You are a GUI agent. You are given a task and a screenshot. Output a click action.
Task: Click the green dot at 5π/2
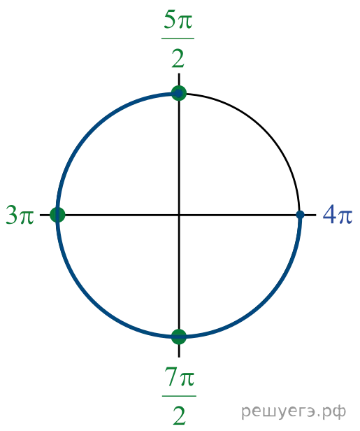(x=179, y=93)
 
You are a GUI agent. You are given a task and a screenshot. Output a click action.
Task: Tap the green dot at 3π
(x=57, y=215)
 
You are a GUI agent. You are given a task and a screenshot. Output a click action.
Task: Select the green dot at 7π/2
(x=179, y=337)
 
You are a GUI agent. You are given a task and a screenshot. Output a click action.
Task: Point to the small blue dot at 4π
(x=300, y=215)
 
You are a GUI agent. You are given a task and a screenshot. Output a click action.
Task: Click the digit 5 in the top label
(x=170, y=20)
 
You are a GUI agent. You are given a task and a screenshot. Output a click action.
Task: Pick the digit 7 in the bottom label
(x=171, y=377)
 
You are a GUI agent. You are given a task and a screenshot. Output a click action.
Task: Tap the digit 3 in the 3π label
(x=12, y=215)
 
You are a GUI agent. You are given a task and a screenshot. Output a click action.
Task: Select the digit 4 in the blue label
(x=330, y=215)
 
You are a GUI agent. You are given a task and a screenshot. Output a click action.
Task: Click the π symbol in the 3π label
(x=27, y=217)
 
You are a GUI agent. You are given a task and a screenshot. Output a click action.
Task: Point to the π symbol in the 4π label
(x=345, y=217)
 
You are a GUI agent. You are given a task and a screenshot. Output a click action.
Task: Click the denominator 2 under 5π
(x=178, y=59)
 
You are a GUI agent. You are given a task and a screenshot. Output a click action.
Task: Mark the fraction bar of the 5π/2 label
(x=178, y=38)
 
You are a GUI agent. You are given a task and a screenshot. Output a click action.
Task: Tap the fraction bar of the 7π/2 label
(x=179, y=396)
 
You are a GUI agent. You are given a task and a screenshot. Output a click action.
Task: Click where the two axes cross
(x=179, y=215)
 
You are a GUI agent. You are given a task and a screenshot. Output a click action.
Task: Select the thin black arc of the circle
(x=265, y=129)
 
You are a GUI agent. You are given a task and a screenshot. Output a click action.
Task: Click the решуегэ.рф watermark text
(x=294, y=411)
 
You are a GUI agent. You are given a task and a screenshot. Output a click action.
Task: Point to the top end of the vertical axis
(x=179, y=73)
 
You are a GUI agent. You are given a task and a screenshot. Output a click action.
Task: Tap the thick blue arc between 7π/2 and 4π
(x=265, y=301)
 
